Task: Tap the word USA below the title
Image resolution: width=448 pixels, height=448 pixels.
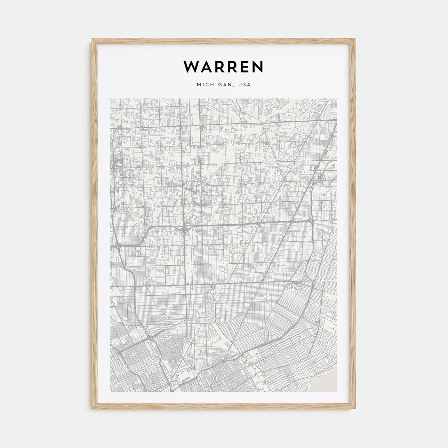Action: tap(245, 85)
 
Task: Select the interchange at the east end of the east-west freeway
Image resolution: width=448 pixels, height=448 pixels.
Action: tap(311, 221)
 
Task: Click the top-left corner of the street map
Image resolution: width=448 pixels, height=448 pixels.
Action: tap(110, 99)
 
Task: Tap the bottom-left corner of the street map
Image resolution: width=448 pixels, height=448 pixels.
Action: tap(110, 392)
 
